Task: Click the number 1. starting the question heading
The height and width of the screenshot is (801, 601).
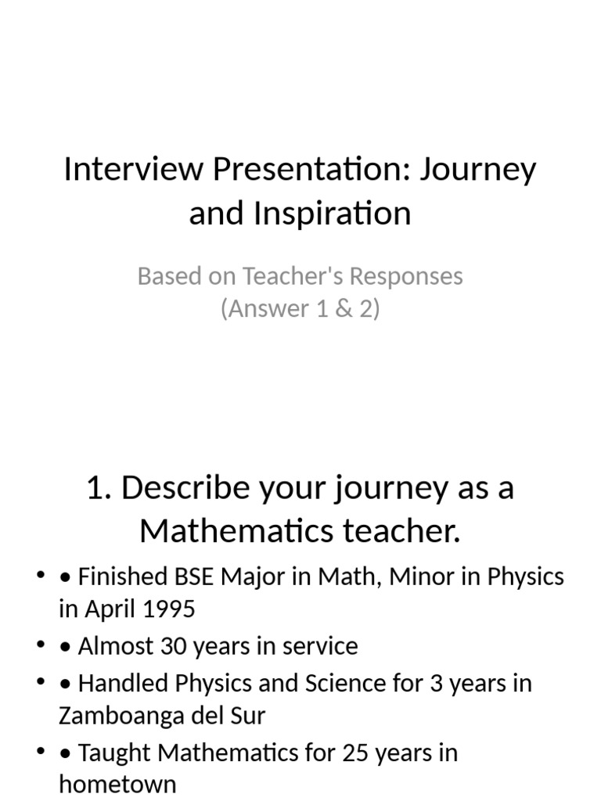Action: tap(99, 487)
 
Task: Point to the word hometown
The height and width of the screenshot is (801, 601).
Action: tap(117, 784)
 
